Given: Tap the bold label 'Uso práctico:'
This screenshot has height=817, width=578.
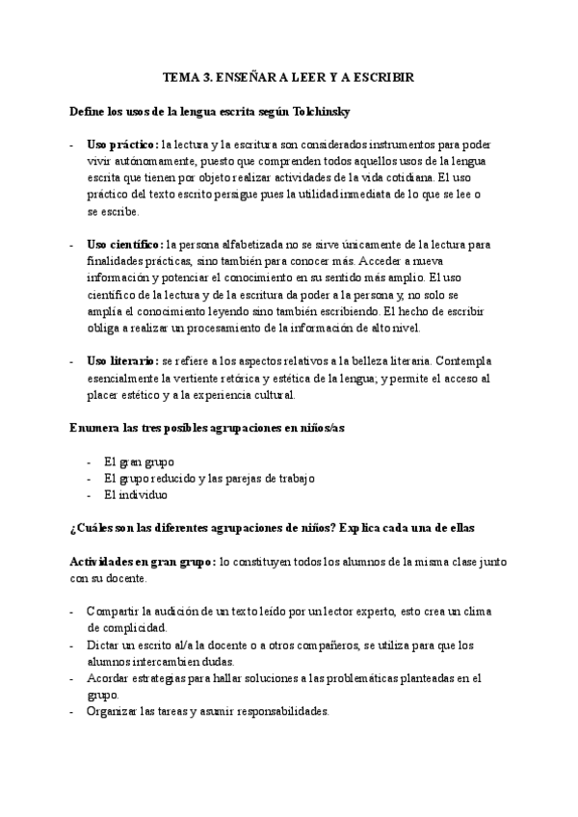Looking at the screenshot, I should tap(123, 144).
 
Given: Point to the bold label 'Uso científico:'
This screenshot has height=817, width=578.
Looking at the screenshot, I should tap(125, 245).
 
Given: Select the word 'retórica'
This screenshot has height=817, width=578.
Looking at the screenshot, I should tap(276, 378).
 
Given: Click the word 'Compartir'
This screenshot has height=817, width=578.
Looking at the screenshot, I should tap(112, 611).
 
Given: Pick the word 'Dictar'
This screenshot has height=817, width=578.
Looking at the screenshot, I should tap(103, 645).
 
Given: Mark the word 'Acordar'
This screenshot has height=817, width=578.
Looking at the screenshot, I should tap(108, 678).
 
